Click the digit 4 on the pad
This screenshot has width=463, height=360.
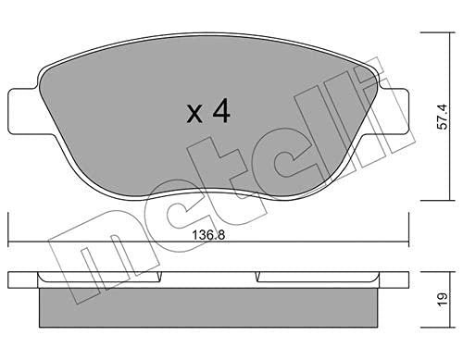[220, 113]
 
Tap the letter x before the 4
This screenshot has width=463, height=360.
[194, 116]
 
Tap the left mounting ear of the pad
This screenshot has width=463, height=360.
[22, 109]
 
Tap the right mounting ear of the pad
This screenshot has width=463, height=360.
[392, 109]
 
